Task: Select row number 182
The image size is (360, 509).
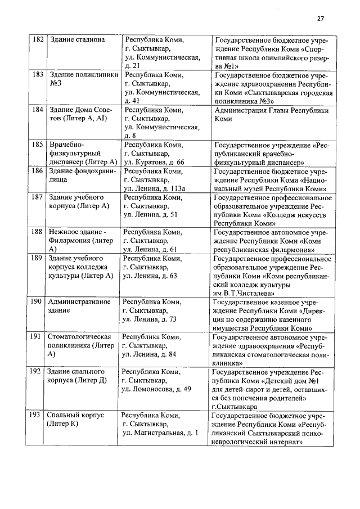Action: pyautogui.click(x=38, y=40)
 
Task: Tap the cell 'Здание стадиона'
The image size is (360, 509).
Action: pyautogui.click(x=77, y=40)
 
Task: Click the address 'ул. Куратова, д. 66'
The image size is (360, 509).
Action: pyautogui.click(x=154, y=162)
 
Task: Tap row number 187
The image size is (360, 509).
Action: pyautogui.click(x=38, y=197)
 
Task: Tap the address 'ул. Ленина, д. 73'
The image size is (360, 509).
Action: pyautogui.click(x=150, y=319)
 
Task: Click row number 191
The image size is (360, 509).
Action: pyautogui.click(x=37, y=337)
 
